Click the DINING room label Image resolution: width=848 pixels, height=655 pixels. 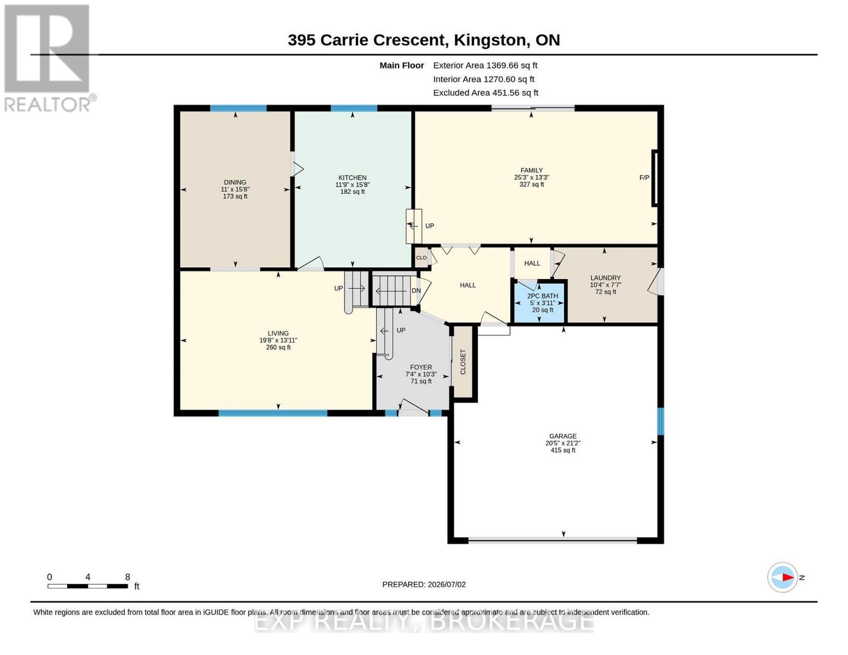235,182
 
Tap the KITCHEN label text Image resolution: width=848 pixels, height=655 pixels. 352,177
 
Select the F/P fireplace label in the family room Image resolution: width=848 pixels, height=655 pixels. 644,178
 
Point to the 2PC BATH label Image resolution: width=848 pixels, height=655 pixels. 542,296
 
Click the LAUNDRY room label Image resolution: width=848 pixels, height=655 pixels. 605,278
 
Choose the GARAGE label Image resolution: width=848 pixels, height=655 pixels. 563,436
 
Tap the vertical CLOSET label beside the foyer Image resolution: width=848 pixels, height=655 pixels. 463,362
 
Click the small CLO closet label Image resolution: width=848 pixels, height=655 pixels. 422,258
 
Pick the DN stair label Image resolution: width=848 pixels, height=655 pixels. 416,290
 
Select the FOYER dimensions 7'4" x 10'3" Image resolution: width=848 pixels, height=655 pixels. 421,374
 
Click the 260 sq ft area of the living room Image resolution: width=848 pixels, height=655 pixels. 278,347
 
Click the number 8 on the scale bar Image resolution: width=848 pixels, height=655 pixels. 128,577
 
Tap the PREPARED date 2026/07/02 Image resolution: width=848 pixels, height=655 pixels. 447,585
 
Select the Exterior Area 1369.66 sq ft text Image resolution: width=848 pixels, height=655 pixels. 485,65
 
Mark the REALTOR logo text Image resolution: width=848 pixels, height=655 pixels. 48,105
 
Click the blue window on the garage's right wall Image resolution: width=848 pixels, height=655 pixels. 660,421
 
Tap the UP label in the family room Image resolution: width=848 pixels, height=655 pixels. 429,226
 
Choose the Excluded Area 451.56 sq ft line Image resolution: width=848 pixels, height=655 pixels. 485,93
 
